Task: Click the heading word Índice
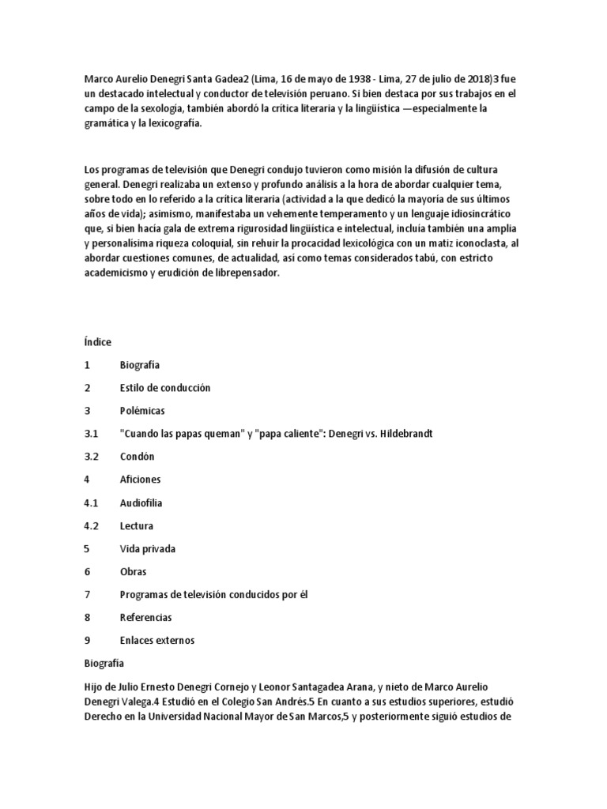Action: [97, 342]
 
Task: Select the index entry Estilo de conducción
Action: [165, 388]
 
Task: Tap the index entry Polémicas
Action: [142, 411]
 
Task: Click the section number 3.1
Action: [90, 434]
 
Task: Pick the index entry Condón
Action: [138, 457]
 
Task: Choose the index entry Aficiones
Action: [140, 480]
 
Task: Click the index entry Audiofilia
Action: [141, 502]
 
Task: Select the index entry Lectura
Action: [137, 525]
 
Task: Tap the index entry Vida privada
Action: [148, 548]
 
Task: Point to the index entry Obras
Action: [134, 571]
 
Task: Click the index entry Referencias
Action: [145, 617]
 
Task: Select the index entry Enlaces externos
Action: [157, 640]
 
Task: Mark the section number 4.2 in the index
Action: [90, 525]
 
